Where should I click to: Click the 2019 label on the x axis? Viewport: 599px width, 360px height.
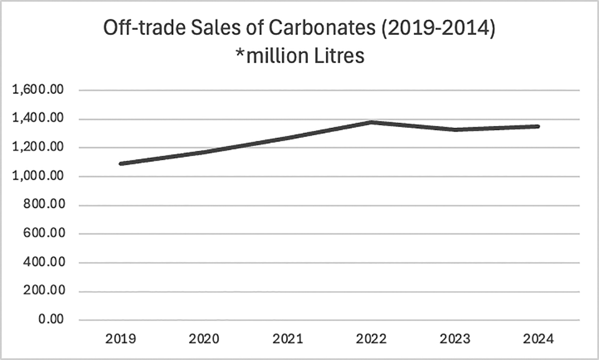click(x=121, y=339)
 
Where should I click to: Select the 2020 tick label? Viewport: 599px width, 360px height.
click(x=204, y=339)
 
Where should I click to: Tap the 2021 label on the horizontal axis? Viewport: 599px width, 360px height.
click(x=288, y=339)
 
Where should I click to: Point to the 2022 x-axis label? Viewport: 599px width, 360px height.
click(x=371, y=339)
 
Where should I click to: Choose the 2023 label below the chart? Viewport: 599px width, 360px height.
click(x=455, y=339)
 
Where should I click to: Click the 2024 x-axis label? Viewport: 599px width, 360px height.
click(x=538, y=339)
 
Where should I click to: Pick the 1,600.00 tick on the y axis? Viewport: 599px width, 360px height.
click(x=38, y=90)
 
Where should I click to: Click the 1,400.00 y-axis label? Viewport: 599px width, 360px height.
click(x=38, y=119)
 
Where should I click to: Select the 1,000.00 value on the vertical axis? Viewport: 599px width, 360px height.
click(x=38, y=176)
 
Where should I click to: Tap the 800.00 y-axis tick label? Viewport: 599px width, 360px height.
click(x=44, y=205)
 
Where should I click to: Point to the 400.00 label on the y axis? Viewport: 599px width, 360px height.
click(x=44, y=262)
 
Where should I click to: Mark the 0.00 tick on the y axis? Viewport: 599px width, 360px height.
click(x=51, y=319)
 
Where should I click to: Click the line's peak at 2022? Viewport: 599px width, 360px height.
click(x=371, y=122)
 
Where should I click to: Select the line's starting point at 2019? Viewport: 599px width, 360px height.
click(x=121, y=163)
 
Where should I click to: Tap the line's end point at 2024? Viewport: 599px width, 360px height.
click(x=538, y=127)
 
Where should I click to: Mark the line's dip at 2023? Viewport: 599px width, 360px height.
click(x=455, y=129)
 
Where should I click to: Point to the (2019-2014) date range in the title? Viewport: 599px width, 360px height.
click(x=438, y=29)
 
